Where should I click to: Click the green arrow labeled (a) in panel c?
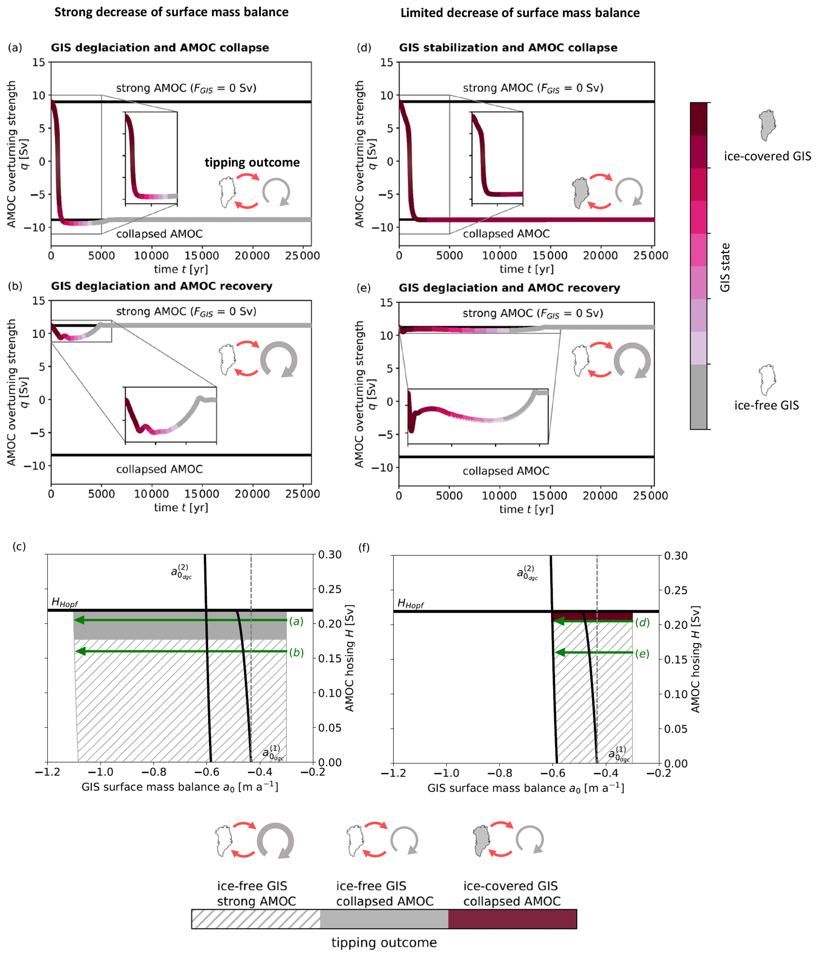point(180,620)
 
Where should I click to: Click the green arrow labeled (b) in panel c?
point(180,651)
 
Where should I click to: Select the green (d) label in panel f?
point(642,622)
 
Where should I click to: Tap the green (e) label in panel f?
point(642,653)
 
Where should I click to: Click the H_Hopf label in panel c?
point(65,602)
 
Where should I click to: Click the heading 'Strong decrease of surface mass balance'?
point(171,12)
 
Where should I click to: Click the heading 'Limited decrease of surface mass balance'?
point(520,13)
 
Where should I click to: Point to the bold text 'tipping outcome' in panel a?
point(252,163)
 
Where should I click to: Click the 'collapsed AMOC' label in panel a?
point(159,234)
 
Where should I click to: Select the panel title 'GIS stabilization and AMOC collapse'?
point(508,47)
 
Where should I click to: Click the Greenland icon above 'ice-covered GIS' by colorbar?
point(767,125)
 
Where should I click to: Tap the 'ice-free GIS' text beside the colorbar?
point(766,406)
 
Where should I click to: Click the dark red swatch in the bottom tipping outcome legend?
point(512,919)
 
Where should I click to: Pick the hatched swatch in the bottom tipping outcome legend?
point(256,919)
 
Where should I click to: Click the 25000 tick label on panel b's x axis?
point(302,494)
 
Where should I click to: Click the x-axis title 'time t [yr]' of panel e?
point(526,509)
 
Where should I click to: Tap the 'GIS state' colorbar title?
point(725,268)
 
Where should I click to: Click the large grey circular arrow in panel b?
point(279,359)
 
